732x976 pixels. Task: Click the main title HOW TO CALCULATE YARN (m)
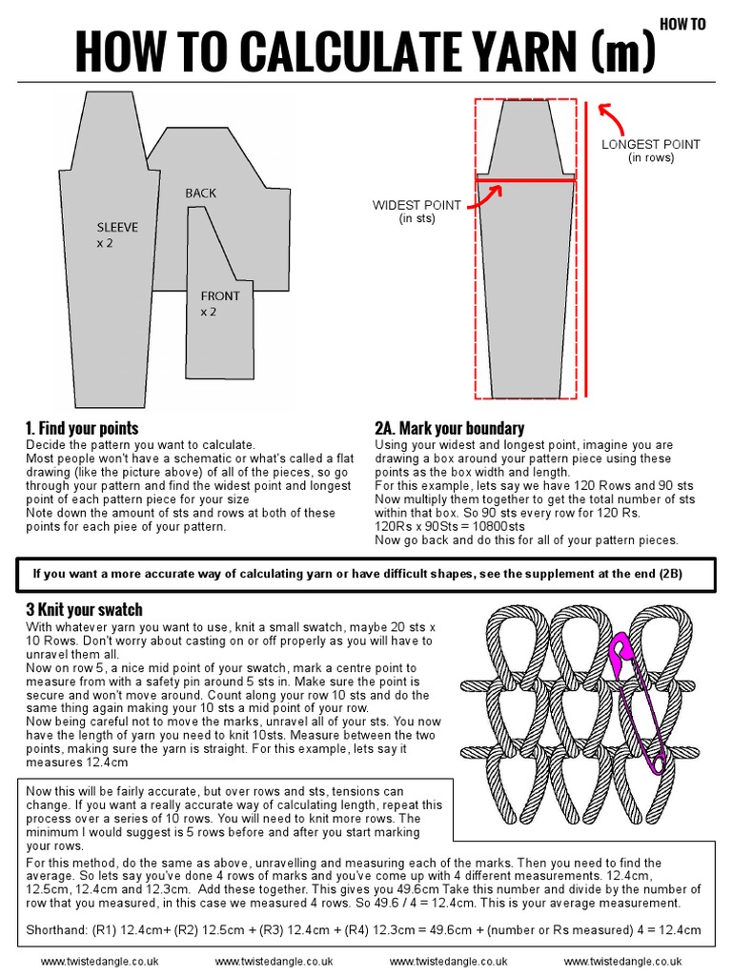tap(365, 51)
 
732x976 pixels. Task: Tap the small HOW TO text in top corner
tap(682, 25)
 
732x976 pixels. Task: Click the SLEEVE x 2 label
tap(117, 235)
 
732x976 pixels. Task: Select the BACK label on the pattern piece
tap(201, 193)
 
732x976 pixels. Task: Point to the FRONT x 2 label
tap(220, 304)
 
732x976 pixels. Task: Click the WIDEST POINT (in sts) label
tap(417, 212)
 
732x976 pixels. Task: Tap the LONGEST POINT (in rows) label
tap(651, 151)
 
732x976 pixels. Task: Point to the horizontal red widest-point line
tap(526, 178)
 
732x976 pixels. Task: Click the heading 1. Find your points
tap(82, 428)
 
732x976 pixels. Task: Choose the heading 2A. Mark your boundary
tap(449, 428)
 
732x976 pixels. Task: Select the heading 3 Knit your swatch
tap(84, 609)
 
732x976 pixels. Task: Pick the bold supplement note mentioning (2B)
tap(365, 574)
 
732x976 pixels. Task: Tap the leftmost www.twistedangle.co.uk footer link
tap(100, 963)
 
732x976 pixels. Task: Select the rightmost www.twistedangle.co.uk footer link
tap(622, 963)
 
